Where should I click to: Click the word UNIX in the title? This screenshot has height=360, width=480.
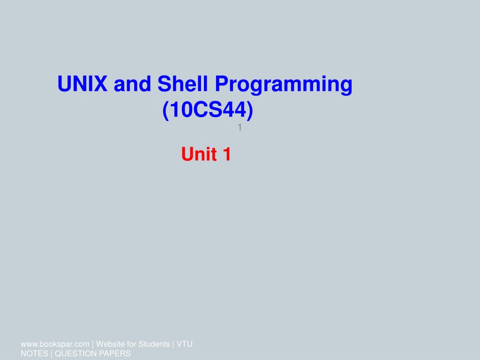[82, 83]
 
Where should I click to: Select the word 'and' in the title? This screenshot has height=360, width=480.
[132, 83]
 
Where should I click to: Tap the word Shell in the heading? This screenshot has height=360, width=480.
[183, 83]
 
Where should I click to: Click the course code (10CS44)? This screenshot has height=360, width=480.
[208, 110]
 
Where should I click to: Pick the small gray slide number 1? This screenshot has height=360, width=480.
[240, 127]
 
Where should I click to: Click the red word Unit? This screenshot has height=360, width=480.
[200, 154]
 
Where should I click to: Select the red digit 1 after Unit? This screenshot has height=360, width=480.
[227, 154]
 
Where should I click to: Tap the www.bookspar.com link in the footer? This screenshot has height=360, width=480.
[55, 344]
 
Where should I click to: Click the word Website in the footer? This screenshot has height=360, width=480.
[110, 344]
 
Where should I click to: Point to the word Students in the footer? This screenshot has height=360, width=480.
[154, 344]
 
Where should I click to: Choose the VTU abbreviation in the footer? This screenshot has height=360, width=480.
[185, 344]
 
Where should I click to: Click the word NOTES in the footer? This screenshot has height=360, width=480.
[34, 353]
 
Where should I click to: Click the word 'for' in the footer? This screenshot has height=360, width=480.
[131, 344]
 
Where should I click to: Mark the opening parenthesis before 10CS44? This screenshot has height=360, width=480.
[165, 111]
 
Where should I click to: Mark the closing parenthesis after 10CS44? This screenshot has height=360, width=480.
[250, 111]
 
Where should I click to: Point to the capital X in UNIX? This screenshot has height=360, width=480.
[100, 83]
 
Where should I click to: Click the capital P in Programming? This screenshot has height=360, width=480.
[222, 83]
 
